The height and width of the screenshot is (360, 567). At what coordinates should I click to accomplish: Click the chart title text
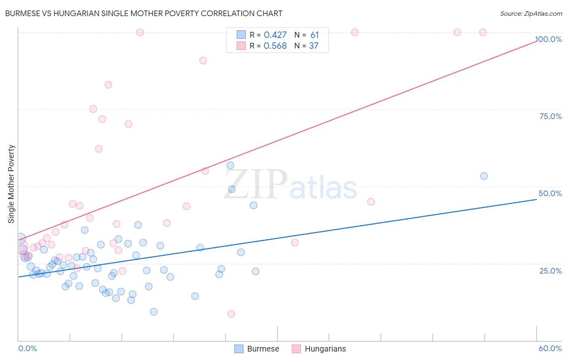(144, 13)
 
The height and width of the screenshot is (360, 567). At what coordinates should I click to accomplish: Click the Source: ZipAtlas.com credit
(531, 13)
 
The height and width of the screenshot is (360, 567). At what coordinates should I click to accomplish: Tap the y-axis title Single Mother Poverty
(11, 184)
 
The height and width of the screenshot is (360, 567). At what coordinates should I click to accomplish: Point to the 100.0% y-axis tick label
(548, 39)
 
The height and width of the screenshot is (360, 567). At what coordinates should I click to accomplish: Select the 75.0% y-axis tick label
(550, 116)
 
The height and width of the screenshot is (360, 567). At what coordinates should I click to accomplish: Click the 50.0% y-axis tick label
(550, 193)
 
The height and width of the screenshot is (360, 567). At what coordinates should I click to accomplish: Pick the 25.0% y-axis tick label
(550, 271)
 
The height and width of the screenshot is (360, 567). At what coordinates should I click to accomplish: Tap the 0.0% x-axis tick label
(27, 348)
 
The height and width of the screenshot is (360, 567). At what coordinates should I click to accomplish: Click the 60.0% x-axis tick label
(550, 348)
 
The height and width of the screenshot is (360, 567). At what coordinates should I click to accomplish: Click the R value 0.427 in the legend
(275, 35)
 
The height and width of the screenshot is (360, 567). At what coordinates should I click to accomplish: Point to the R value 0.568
(275, 46)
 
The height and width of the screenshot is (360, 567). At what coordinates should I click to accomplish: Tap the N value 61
(315, 35)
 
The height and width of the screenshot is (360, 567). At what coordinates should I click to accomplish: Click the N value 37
(314, 46)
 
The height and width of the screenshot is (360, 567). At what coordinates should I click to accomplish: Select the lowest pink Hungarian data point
(231, 314)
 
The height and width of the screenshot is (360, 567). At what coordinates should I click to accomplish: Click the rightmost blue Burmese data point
(484, 176)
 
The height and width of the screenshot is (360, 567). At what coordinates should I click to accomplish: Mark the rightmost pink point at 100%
(483, 32)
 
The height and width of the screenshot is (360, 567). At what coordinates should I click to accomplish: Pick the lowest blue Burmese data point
(154, 312)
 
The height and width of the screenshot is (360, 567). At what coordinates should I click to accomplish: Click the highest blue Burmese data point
(230, 165)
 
